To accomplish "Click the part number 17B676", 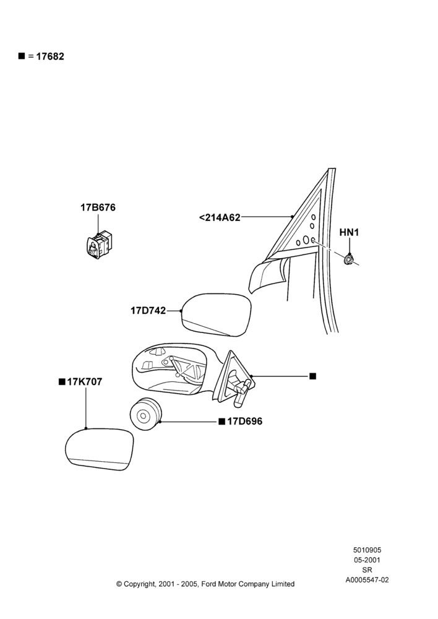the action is [98, 207].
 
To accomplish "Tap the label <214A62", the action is [220, 217].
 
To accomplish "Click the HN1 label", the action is [349, 233].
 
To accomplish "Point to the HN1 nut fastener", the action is [348, 259].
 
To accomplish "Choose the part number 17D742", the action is [148, 311].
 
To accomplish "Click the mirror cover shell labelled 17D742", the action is [217, 314].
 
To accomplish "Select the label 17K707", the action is [84, 382].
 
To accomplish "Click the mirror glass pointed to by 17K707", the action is [100, 449].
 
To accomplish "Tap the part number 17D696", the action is [244, 421].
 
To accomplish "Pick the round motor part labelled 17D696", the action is [145, 415].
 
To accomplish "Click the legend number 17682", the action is [50, 56].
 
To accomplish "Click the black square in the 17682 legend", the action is [22, 56].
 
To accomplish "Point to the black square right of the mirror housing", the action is [313, 376].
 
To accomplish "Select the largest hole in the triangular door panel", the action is [306, 240].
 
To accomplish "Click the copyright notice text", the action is [205, 584].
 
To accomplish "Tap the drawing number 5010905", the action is [367, 550].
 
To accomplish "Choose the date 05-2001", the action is [367, 560].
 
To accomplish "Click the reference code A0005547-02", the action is [367, 580].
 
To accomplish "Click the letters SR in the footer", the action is [367, 570].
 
